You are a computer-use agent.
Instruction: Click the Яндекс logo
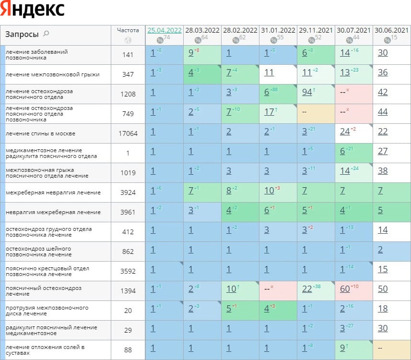[x=33, y=10]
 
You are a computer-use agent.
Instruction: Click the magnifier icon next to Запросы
[x=46, y=34]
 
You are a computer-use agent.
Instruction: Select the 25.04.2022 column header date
[x=164, y=30]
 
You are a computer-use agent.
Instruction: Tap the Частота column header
[x=128, y=30]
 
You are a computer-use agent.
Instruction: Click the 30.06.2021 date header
[x=392, y=30]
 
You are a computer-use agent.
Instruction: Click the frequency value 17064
[x=128, y=133]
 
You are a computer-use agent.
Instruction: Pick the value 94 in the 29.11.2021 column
[x=307, y=92]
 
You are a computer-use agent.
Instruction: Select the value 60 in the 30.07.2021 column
[x=345, y=289]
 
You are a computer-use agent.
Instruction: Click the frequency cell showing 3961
[x=128, y=212]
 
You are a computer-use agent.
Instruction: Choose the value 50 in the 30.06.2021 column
[x=383, y=289]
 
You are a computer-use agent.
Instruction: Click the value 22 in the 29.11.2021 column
[x=307, y=289]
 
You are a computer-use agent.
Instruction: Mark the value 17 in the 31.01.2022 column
[x=269, y=112]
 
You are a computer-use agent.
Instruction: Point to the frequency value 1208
[x=128, y=94]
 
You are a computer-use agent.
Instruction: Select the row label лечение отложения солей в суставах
[x=45, y=350]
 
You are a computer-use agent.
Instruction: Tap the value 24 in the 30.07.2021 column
[x=345, y=132]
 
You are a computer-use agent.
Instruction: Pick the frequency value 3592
[x=128, y=271]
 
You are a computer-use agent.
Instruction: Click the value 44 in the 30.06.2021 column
[x=383, y=112]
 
